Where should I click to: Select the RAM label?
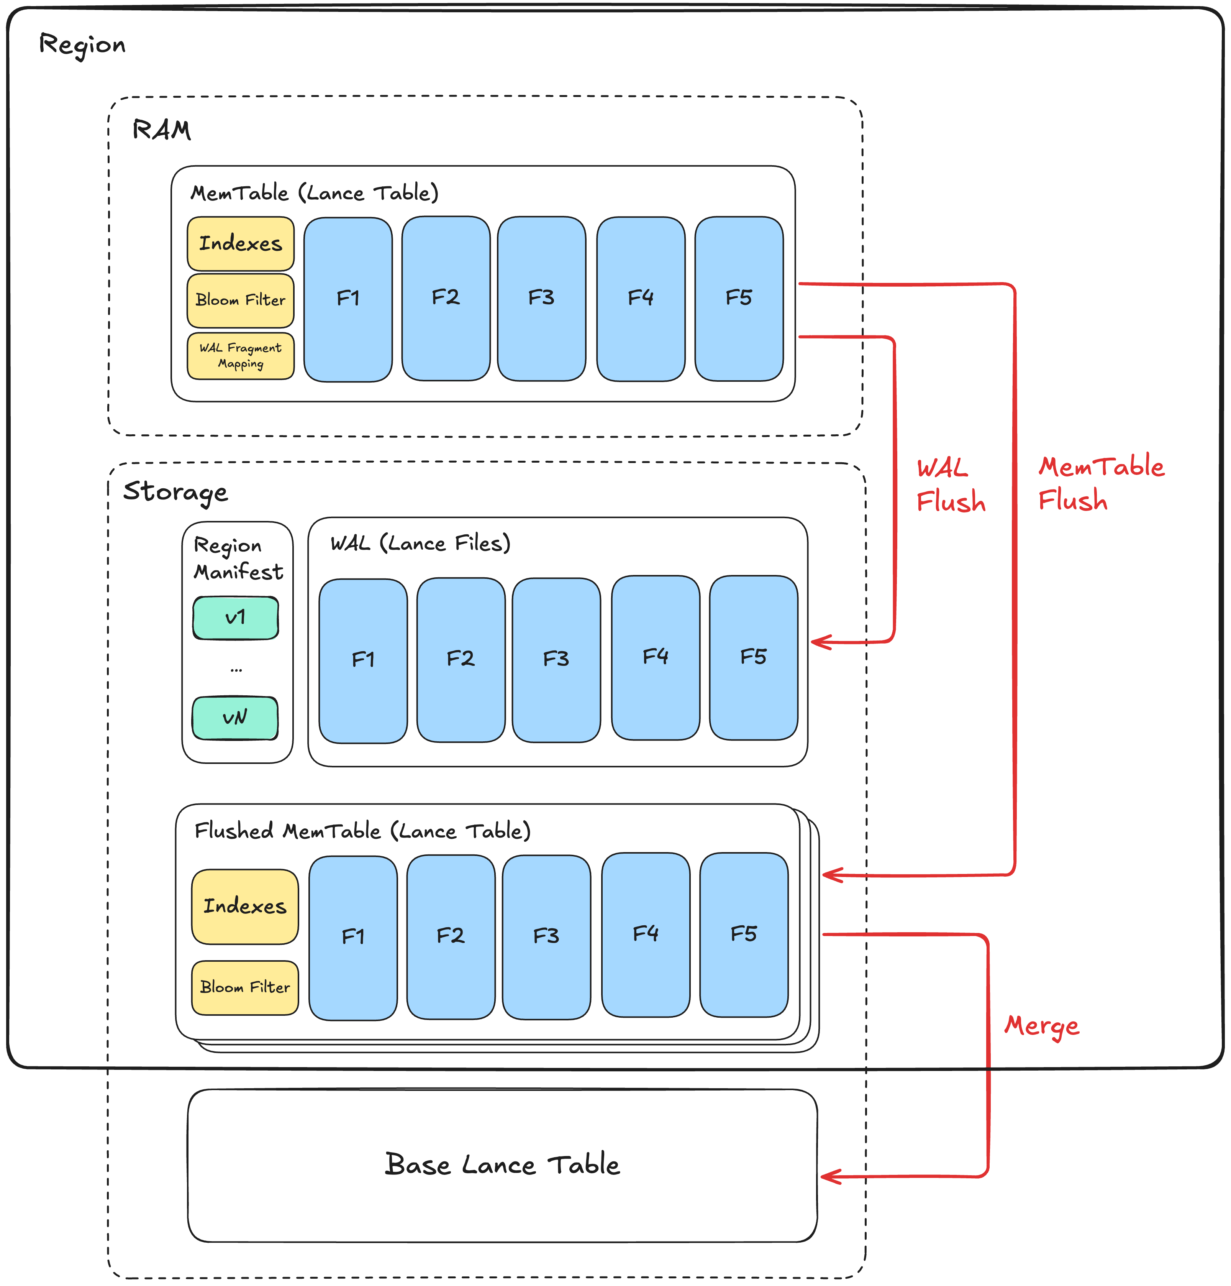click(161, 130)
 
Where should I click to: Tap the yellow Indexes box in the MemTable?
click(240, 243)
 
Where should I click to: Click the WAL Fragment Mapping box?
click(240, 356)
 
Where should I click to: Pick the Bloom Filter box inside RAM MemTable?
click(240, 300)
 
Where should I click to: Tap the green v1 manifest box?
click(236, 618)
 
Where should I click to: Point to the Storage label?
click(175, 491)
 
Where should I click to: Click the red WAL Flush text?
click(950, 486)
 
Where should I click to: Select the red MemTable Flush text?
click(1100, 484)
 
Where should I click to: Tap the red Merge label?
click(1041, 1025)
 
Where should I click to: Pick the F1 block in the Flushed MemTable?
click(353, 937)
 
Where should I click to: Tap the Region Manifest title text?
click(238, 558)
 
